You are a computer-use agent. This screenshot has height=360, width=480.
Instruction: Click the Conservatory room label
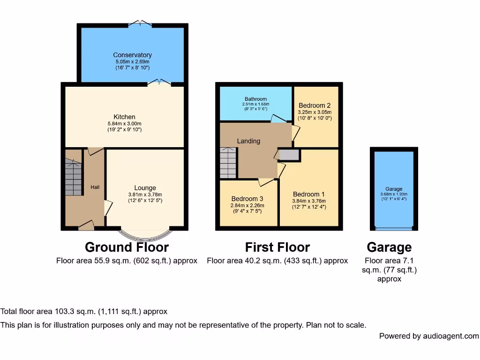[132, 55]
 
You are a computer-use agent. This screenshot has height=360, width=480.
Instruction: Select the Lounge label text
[145, 188]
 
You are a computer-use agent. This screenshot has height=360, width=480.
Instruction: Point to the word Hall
[95, 187]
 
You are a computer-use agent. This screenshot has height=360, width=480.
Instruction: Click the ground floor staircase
[73, 177]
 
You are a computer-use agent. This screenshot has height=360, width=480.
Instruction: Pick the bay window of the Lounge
[144, 233]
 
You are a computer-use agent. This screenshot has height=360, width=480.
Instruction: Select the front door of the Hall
[86, 226]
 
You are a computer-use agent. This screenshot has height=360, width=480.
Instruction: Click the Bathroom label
[255, 99]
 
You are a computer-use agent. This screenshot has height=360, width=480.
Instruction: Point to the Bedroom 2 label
[315, 105]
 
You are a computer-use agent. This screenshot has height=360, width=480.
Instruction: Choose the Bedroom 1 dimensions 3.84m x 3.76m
[308, 201]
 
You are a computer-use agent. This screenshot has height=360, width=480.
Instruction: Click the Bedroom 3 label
[247, 199]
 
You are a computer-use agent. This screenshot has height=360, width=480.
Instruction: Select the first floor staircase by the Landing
[228, 162]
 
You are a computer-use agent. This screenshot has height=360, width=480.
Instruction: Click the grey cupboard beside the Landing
[289, 155]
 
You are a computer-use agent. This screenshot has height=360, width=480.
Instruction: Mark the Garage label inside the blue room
[394, 189]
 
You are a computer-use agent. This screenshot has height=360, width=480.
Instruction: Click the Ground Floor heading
[127, 247]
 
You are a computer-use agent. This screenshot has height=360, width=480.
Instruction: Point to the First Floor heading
[277, 247]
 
